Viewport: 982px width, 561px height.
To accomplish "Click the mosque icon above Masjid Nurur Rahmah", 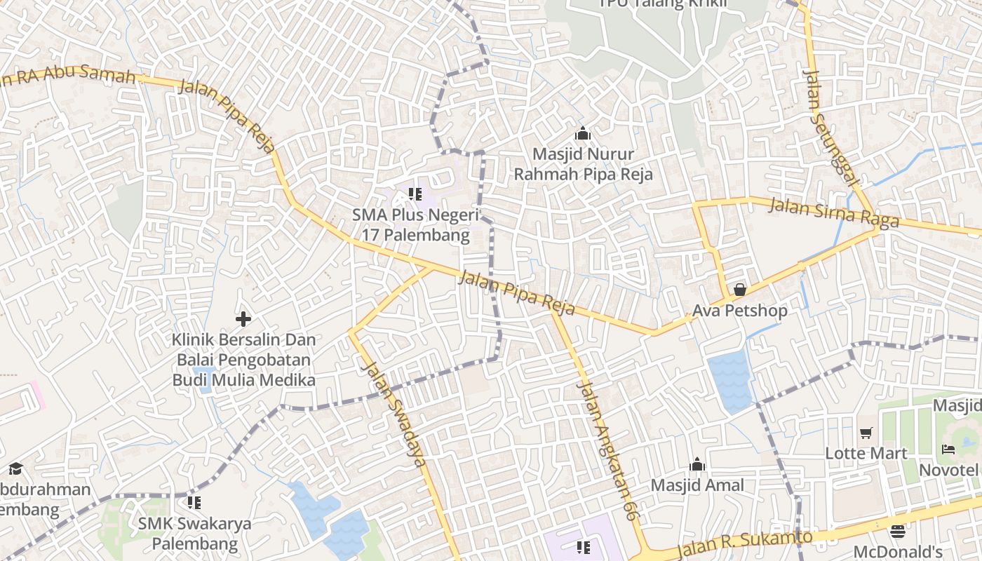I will [x=582, y=133].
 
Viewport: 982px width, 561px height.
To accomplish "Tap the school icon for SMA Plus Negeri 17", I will [x=415, y=194].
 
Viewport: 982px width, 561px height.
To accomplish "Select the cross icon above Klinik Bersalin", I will [x=243, y=319].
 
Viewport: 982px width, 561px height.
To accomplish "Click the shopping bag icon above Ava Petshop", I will [x=739, y=290].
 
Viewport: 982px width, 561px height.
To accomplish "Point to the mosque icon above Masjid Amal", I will [x=697, y=464].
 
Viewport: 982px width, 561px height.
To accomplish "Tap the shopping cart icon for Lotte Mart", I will [x=866, y=433].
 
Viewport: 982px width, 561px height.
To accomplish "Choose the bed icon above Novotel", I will [x=948, y=449].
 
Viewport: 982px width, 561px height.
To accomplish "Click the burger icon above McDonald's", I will [x=898, y=531].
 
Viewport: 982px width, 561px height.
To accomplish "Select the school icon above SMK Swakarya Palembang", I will [x=194, y=502].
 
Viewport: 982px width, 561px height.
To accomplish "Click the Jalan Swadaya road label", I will [x=394, y=414].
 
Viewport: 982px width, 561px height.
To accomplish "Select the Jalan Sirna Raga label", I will [x=834, y=212].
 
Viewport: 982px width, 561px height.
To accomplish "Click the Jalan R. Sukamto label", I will [x=745, y=544].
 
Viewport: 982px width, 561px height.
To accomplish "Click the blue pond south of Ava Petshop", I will [x=729, y=381].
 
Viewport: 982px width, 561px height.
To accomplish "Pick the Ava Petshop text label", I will [x=740, y=311].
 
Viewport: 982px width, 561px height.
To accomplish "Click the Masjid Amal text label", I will [x=697, y=485].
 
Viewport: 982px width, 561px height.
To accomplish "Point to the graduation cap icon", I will [x=15, y=468].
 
